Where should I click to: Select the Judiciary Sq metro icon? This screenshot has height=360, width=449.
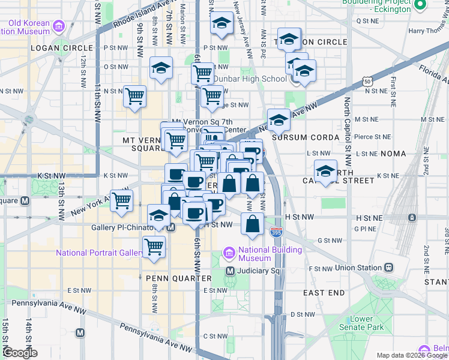[x=230, y=271]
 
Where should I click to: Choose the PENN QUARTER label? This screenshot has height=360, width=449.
[x=178, y=278]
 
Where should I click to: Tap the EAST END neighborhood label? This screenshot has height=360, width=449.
[x=324, y=292]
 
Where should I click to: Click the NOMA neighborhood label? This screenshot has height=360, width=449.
[x=393, y=154]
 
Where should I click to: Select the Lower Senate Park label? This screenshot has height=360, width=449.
[x=367, y=323]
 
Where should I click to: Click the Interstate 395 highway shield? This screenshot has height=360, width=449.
[x=277, y=230]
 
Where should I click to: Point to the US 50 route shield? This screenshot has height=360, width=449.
[x=368, y=82]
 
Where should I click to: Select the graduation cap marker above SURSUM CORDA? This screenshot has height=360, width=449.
[x=279, y=121]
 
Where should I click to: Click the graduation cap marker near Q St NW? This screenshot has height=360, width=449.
[x=222, y=24]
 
